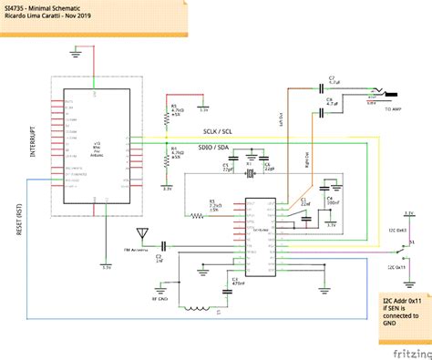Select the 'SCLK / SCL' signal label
click(217, 129)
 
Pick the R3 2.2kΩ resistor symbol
click(197, 216)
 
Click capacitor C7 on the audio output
click(331, 87)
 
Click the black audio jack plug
click(389, 95)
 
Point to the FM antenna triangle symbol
click(140, 233)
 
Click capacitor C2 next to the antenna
click(164, 245)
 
